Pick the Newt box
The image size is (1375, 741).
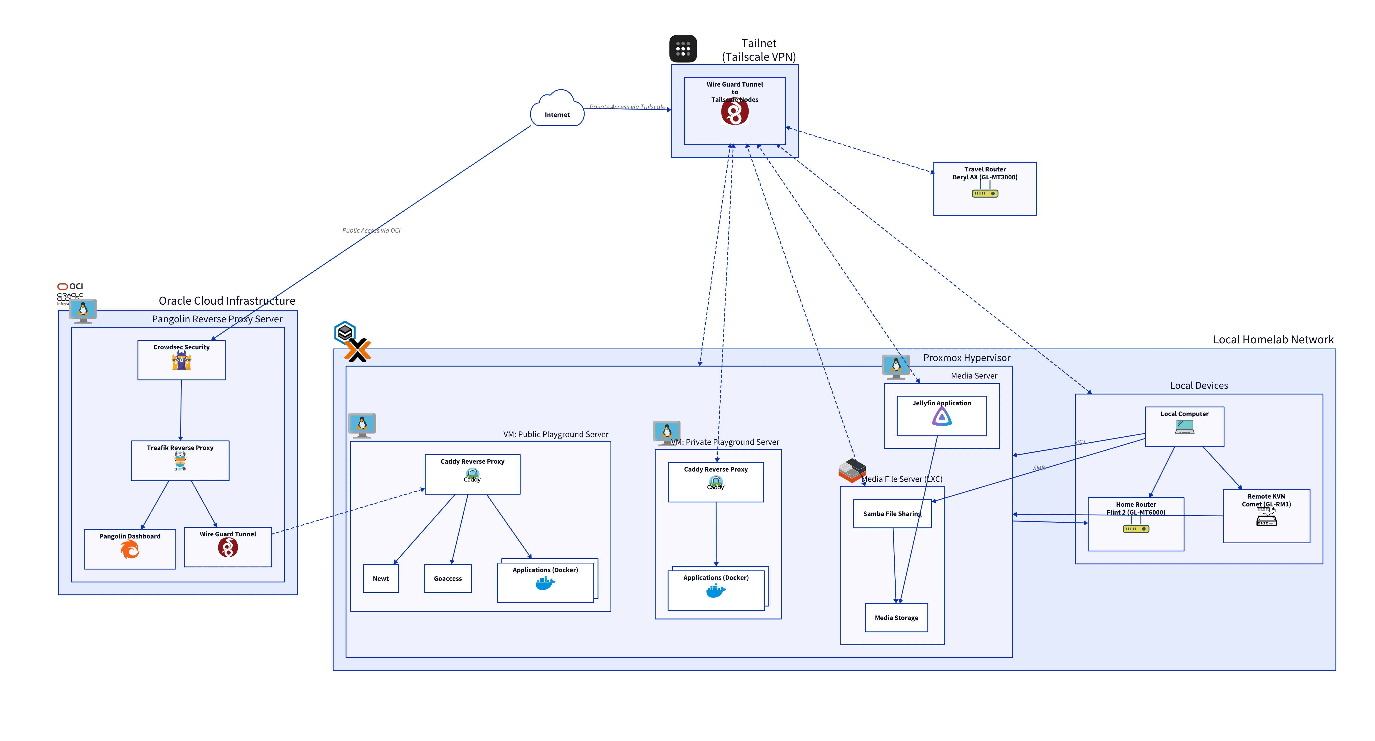(x=381, y=578)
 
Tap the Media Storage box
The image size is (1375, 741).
(x=896, y=618)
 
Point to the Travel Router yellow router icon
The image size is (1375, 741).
(x=985, y=193)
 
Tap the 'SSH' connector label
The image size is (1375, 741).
(x=1079, y=442)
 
